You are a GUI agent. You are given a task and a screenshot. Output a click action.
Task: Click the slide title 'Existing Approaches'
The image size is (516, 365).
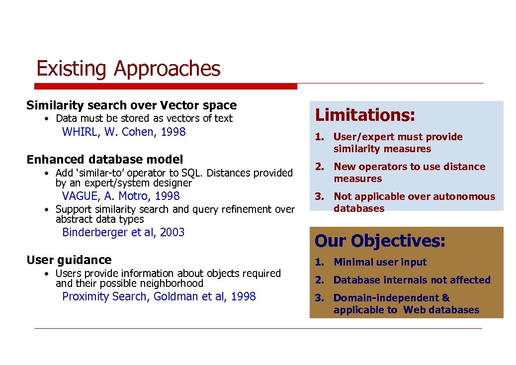pos(128,69)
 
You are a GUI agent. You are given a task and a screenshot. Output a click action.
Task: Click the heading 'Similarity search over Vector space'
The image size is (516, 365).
pos(131,105)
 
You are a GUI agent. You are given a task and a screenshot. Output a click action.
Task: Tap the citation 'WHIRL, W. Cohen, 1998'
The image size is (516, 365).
pos(124,132)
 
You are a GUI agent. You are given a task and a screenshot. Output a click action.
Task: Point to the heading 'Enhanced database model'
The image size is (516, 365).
pos(105,160)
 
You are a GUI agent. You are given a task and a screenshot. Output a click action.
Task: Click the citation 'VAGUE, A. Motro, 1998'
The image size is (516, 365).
pos(121,196)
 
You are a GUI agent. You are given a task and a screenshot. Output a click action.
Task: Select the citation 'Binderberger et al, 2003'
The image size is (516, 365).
pos(123,232)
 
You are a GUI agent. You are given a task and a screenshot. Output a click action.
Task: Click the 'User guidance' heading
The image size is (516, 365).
pos(69,260)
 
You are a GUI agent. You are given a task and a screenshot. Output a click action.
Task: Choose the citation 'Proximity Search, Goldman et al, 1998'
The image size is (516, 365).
pos(159,296)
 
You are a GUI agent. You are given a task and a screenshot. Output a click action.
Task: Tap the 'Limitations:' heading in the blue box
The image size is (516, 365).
pos(365,115)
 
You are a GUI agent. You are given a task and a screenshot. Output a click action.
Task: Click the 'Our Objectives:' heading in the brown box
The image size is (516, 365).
pos(380,241)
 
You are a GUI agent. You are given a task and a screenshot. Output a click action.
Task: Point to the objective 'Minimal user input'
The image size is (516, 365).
pos(380,262)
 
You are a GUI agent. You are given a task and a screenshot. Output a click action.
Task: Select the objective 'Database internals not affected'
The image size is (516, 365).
pos(412,280)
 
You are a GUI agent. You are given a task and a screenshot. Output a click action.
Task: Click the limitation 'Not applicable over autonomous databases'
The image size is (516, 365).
pos(414,202)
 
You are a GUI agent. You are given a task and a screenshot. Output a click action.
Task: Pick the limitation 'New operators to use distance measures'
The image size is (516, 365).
pos(409,173)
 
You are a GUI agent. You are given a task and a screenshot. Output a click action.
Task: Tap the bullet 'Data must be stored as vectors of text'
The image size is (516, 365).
pos(144,118)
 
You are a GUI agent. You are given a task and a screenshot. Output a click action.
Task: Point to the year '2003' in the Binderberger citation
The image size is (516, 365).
pos(172,232)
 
